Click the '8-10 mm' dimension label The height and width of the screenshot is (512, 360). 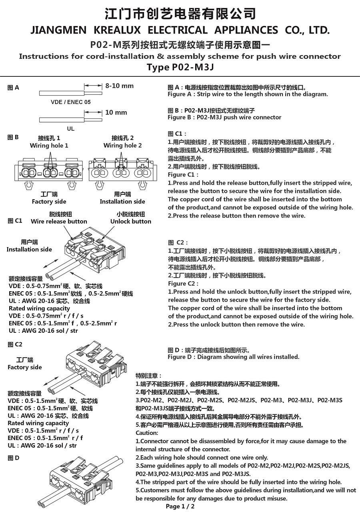point(119,86)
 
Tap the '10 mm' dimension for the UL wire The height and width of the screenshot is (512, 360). point(116,113)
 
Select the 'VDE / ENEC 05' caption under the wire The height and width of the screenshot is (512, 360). point(71,102)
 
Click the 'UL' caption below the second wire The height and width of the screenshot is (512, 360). point(71,129)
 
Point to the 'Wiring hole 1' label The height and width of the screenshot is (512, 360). point(49,146)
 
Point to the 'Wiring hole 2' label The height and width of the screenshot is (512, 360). point(122,146)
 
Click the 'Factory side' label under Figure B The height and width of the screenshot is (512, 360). point(49,202)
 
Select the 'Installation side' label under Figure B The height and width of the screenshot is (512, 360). point(122,202)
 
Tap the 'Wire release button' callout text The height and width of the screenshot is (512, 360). point(59,222)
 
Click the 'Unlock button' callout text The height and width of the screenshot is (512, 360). point(131,222)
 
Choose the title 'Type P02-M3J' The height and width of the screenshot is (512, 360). point(180,67)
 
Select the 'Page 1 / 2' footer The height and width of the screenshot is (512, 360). point(180,506)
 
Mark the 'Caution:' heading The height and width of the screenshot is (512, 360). point(147,433)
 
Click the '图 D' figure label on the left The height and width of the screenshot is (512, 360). point(14,458)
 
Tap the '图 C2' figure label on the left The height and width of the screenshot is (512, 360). point(15,344)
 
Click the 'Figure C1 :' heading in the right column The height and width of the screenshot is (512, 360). point(183,175)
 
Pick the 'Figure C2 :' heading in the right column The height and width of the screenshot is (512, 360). point(183,284)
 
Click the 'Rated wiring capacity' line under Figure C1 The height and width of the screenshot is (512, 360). point(39,308)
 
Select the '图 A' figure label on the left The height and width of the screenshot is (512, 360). point(14,88)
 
